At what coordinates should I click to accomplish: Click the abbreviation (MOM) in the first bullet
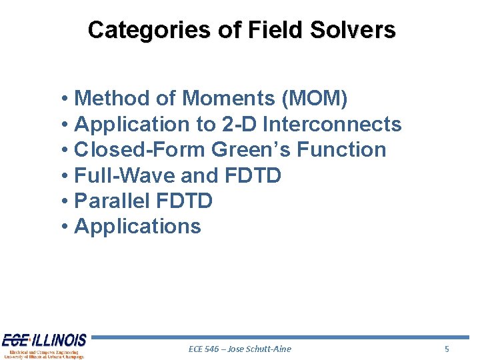pos(315,99)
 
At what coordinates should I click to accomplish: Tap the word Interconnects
pos(333,125)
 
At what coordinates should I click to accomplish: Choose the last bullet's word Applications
pos(137,227)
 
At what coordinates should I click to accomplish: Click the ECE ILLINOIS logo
pos(44,345)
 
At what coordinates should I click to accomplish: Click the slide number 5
pos(447,349)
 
